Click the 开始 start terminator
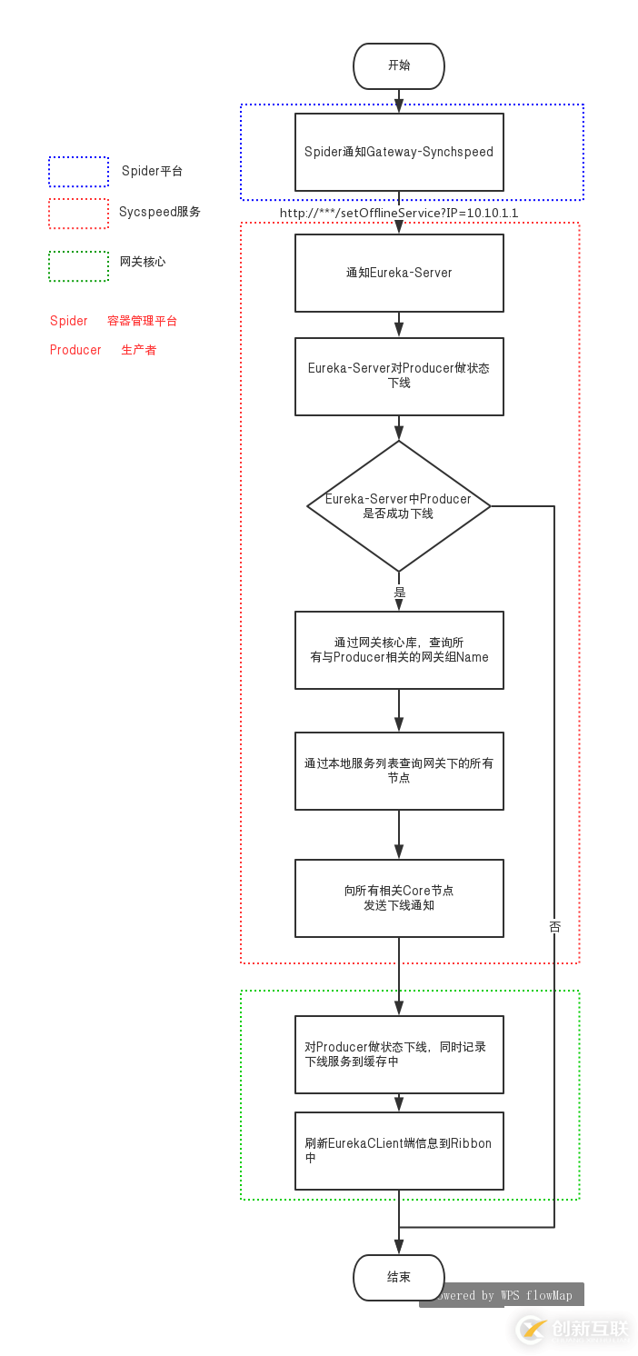(x=399, y=65)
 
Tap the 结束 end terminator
(x=399, y=1277)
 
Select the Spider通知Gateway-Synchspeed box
(x=399, y=152)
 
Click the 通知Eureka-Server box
(x=399, y=273)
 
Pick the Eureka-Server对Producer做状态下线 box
(x=399, y=376)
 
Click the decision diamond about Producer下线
(x=399, y=506)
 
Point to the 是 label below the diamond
(x=399, y=593)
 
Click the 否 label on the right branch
(x=554, y=927)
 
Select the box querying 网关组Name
(x=399, y=650)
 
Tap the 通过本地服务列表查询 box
(x=399, y=771)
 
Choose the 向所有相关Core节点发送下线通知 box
(x=399, y=898)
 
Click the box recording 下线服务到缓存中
(x=399, y=1054)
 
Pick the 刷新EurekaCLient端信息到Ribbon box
(x=399, y=1151)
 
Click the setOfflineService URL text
(x=399, y=213)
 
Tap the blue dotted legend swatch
(x=79, y=172)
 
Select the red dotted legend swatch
(x=79, y=214)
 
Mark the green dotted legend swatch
(x=79, y=266)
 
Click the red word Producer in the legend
(x=75, y=350)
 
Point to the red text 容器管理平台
(x=142, y=321)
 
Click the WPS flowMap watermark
(x=503, y=1295)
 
